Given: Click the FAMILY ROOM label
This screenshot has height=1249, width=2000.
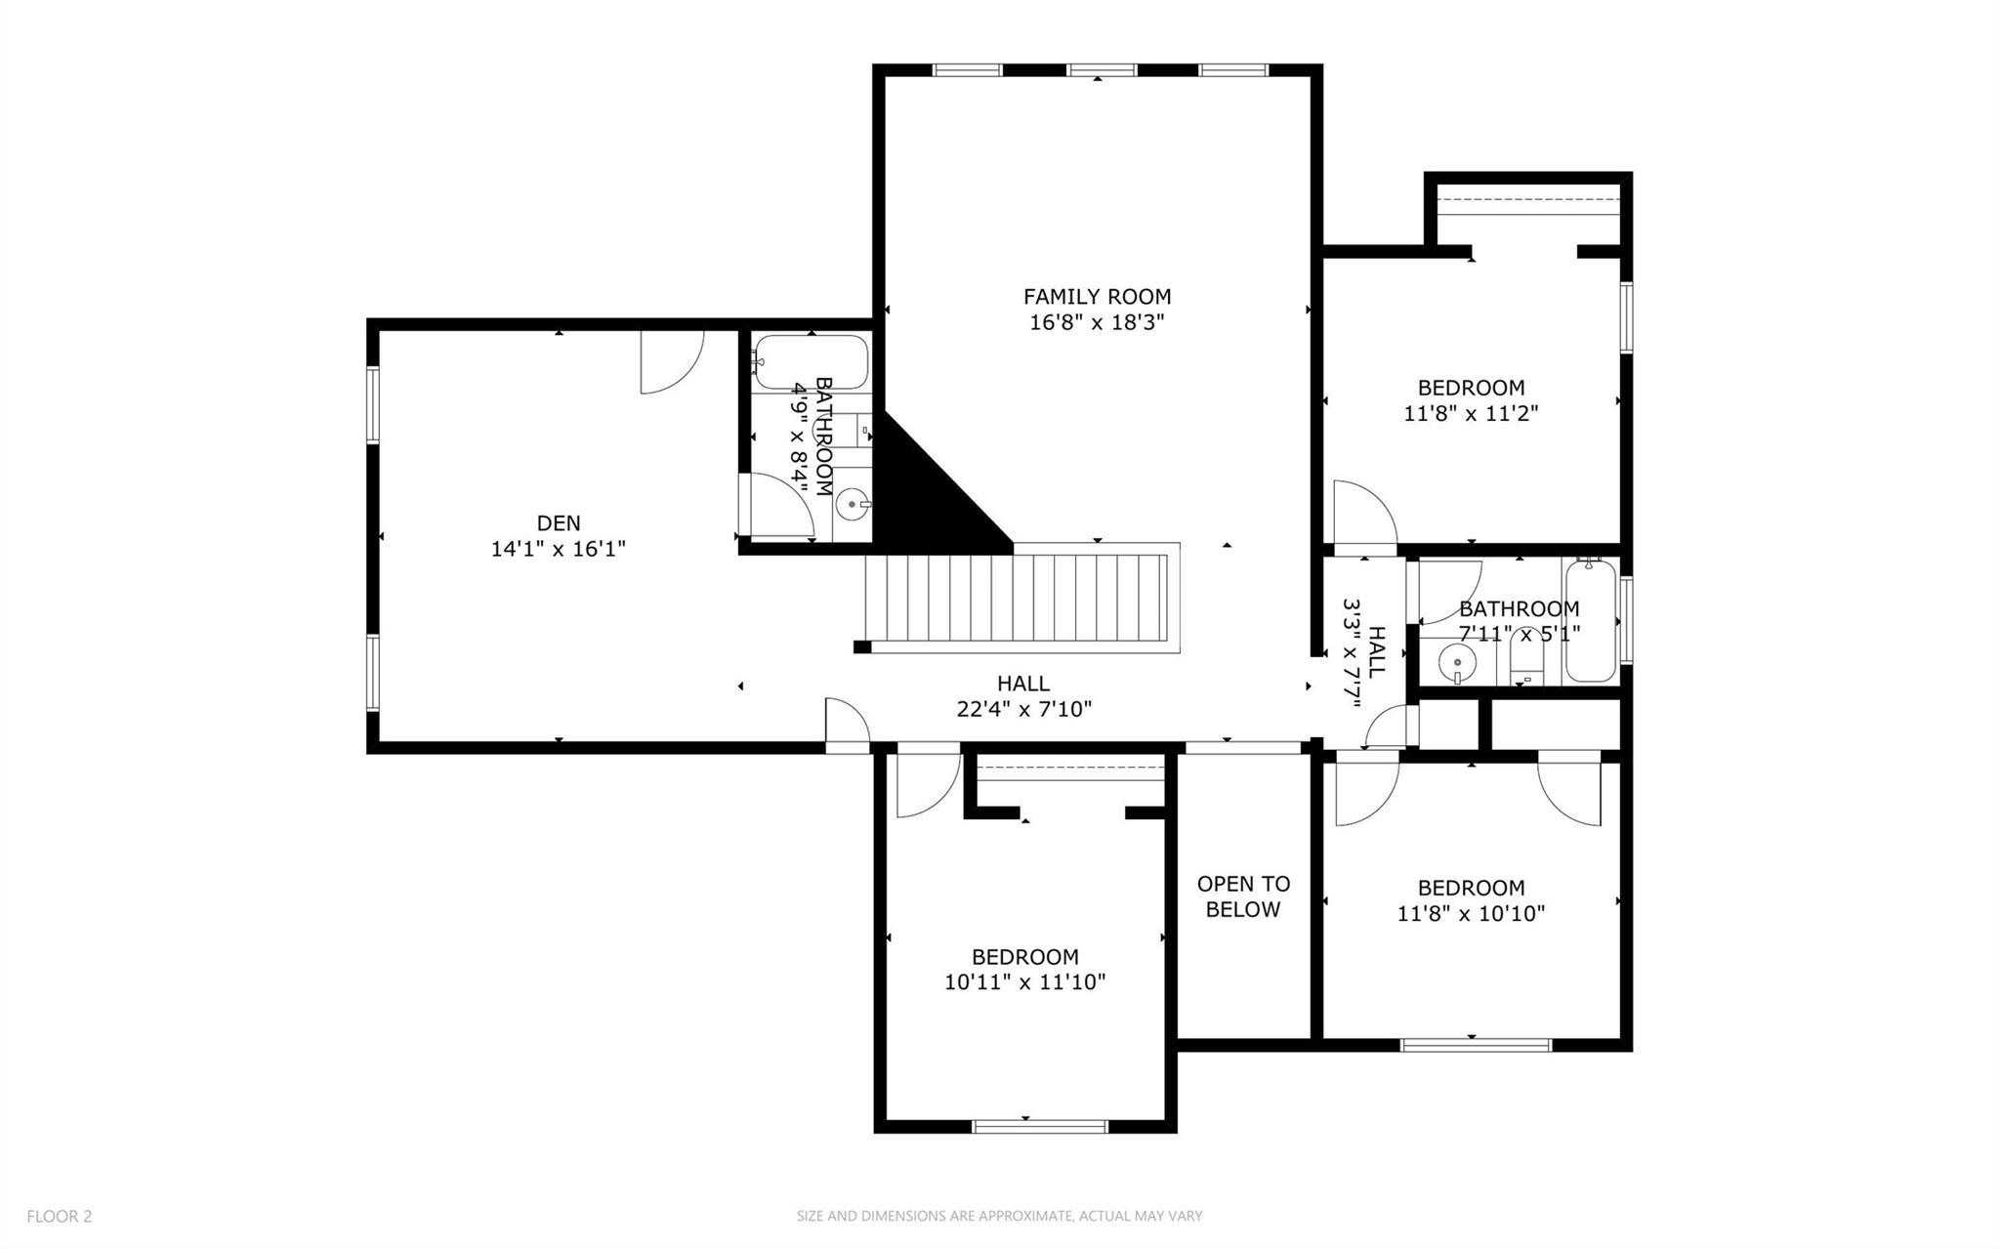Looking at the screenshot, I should coord(1097,296).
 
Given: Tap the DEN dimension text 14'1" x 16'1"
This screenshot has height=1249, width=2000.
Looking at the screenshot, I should coord(558,549).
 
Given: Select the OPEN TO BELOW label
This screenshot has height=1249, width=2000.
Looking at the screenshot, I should coord(1243,896).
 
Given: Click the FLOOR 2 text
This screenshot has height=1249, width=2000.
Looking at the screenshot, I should coord(60,1216).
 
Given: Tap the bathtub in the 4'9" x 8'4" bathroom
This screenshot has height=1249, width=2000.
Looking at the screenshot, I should coord(812,362).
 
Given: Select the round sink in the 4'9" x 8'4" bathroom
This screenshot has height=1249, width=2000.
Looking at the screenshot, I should coord(854,505).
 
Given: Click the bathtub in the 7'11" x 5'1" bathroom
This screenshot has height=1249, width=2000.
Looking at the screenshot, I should coord(1590,621).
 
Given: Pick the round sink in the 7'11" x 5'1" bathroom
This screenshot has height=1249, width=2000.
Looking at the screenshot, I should coord(1455,663).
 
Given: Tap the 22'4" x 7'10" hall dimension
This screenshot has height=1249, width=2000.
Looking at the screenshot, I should coord(1023,709).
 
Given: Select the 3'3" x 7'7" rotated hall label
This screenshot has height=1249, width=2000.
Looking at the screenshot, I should coord(1364,652).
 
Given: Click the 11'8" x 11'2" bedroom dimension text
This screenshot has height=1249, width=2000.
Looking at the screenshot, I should coord(1471,413).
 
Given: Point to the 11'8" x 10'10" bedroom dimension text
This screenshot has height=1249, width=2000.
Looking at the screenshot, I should coord(1471,914).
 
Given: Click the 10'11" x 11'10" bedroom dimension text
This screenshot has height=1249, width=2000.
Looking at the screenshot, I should coord(1024,982).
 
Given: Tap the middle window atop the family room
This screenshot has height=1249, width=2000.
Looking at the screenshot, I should coord(1102,69).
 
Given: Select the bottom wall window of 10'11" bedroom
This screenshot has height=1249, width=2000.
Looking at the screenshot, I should coord(1040,1126).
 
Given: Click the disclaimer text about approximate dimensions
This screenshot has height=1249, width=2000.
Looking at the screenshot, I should coord(999,1216).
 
